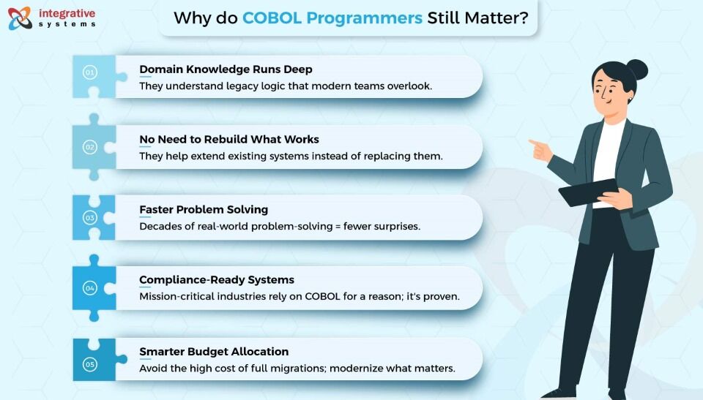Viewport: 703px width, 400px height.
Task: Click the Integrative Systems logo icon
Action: point(21,18)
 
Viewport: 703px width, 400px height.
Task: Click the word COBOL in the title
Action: point(272,18)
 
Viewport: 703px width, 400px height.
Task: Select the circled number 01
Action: point(89,72)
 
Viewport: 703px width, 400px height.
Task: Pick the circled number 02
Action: point(89,147)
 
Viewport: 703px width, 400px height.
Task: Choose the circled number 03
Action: point(89,218)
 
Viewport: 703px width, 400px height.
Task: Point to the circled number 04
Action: point(89,288)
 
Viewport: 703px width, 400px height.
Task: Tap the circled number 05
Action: point(89,364)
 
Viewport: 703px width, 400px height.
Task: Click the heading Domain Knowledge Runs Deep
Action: point(226,69)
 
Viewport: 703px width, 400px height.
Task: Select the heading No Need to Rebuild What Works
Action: point(229,140)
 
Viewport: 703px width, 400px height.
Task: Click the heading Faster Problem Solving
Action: point(204,210)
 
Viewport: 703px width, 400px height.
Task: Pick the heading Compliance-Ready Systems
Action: point(217,280)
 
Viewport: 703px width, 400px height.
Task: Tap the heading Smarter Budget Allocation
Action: point(214,352)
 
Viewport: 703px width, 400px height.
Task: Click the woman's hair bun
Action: point(637,70)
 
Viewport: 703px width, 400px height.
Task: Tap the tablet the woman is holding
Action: point(589,192)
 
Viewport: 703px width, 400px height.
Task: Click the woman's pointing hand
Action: point(540,151)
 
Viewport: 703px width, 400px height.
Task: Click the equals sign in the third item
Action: point(338,227)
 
